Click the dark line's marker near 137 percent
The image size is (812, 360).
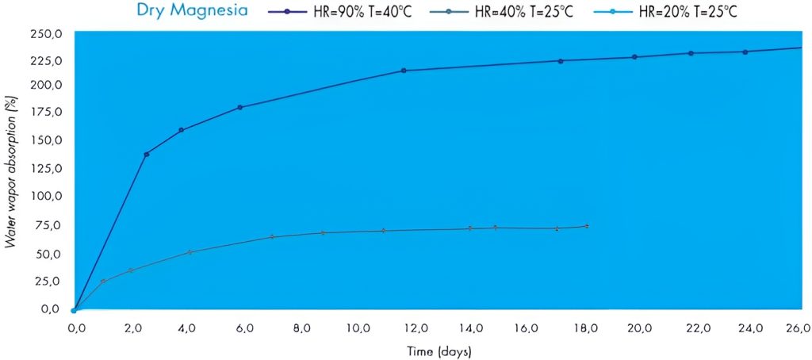pos(147,155)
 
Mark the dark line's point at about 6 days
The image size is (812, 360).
pos(239,108)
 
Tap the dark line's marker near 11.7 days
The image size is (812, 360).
pos(404,71)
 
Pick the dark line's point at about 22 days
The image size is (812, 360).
pos(691,53)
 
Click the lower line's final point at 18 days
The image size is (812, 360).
pos(587,226)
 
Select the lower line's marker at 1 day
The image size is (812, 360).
pos(103,281)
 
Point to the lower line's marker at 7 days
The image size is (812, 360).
pos(272,236)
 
